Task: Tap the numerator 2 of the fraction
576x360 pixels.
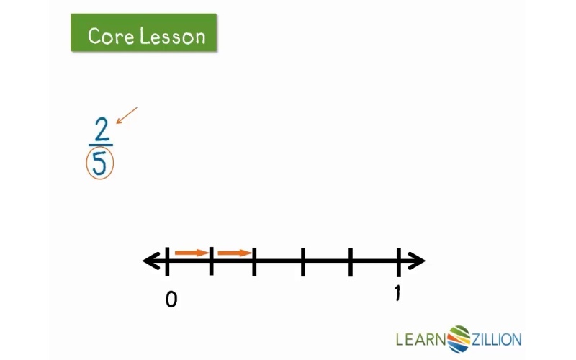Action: click(x=102, y=129)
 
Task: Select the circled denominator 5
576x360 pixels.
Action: click(x=99, y=163)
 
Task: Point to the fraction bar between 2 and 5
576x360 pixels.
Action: click(x=101, y=145)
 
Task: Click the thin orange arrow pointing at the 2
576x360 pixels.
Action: click(x=127, y=115)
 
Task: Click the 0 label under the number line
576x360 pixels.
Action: click(x=171, y=300)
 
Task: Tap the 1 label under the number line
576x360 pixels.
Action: click(x=397, y=293)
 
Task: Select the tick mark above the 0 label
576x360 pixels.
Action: click(x=168, y=261)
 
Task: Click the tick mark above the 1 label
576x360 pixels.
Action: click(x=399, y=262)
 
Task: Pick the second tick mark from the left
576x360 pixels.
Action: click(x=211, y=261)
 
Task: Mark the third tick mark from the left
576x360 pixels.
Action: click(x=254, y=261)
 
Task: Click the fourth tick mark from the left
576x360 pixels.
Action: click(x=302, y=261)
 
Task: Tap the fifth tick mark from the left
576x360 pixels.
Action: click(x=351, y=262)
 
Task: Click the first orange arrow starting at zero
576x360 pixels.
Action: click(x=192, y=253)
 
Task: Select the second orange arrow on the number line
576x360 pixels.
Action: click(x=235, y=253)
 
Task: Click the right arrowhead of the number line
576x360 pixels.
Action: click(x=416, y=261)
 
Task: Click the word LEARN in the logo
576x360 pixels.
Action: click(x=420, y=339)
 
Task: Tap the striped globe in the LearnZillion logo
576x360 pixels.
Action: click(x=459, y=338)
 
